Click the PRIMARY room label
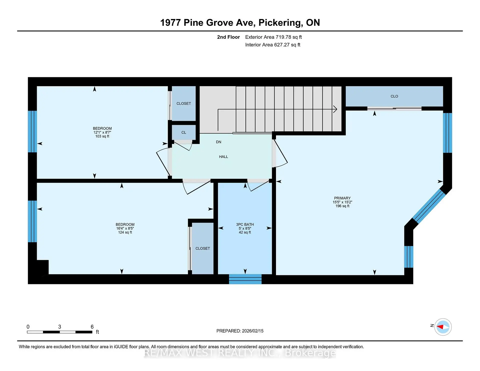pyautogui.click(x=342, y=198)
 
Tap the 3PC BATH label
pyautogui.click(x=245, y=224)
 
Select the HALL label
pyautogui.click(x=223, y=157)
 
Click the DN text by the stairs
pyautogui.click(x=218, y=142)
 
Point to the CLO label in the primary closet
pyautogui.click(x=394, y=96)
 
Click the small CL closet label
pyautogui.click(x=184, y=132)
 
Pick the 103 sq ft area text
pyautogui.click(x=102, y=136)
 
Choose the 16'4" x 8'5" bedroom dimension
pyautogui.click(x=125, y=228)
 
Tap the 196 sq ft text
pyautogui.click(x=342, y=206)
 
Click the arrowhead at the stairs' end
pyautogui.click(x=335, y=109)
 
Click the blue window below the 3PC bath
pyautogui.click(x=245, y=279)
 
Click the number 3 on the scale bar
pyautogui.click(x=59, y=327)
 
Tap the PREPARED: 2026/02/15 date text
pyautogui.click(x=240, y=331)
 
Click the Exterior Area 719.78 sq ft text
pyautogui.click(x=273, y=37)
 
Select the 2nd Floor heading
pyautogui.click(x=228, y=37)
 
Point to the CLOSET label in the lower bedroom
pyautogui.click(x=202, y=248)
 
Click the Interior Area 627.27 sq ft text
pyautogui.click(x=272, y=45)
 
